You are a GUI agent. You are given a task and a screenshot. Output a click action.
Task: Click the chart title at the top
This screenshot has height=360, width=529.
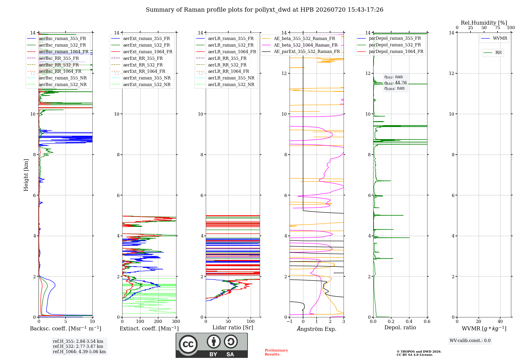(x=264, y=10)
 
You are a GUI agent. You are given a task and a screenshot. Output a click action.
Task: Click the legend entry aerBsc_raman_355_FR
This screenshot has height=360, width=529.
(x=62, y=39)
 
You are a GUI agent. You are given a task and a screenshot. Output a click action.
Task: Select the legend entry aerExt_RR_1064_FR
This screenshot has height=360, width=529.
(x=144, y=71)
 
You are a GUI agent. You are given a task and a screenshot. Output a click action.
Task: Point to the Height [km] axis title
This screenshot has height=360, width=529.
(x=26, y=175)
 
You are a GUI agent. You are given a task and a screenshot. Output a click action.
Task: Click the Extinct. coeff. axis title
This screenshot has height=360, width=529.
(x=149, y=328)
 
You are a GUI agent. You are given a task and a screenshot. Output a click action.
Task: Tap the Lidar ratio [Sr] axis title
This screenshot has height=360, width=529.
(x=233, y=328)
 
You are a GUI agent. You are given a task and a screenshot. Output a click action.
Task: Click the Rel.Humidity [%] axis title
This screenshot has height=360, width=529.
(x=484, y=23)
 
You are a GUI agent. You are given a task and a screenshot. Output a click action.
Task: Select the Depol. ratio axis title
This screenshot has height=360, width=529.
(x=400, y=327)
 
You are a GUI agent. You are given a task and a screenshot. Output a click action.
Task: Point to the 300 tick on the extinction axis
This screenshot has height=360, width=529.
(x=176, y=322)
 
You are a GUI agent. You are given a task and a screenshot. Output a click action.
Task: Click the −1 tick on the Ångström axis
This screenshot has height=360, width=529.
(x=290, y=322)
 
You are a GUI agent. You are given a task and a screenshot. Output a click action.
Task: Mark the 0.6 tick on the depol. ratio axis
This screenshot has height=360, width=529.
(x=427, y=322)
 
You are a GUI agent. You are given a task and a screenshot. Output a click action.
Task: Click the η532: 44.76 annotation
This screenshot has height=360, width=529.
(x=395, y=83)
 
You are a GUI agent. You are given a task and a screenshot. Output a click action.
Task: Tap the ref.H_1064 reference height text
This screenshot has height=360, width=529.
(x=79, y=352)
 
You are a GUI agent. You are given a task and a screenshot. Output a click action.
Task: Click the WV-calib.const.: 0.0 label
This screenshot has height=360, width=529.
(x=470, y=341)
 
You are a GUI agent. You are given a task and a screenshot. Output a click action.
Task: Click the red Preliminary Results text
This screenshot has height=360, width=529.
(x=276, y=352)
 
